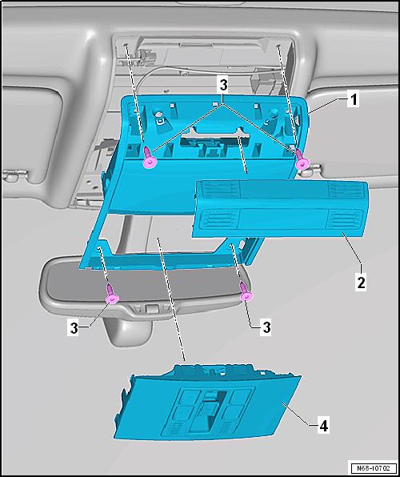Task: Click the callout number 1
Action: (353, 100)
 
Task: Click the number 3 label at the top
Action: (223, 86)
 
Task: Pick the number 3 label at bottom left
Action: (74, 329)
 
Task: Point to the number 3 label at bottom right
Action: (266, 328)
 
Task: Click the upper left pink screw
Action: (150, 157)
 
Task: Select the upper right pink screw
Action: (302, 158)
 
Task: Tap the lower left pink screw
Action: (112, 293)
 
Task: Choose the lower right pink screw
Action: (246, 291)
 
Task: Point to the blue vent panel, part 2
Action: (280, 209)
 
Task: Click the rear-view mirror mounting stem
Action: (128, 330)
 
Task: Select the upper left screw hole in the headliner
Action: (126, 46)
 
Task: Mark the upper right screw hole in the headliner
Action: (278, 46)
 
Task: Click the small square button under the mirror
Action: (151, 308)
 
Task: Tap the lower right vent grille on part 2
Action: (345, 219)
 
